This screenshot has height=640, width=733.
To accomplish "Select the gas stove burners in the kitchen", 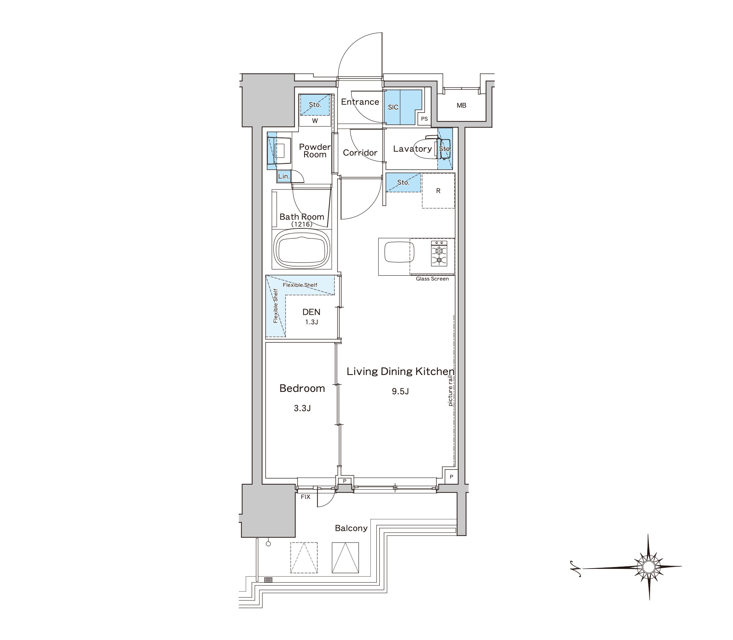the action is click(x=439, y=253).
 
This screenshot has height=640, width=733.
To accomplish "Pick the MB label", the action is click(x=461, y=106).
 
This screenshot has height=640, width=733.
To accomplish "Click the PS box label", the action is click(x=424, y=119).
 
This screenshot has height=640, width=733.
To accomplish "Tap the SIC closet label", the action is click(x=393, y=107).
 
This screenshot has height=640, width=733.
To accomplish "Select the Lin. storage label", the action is click(x=284, y=176).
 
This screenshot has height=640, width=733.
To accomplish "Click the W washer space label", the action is click(x=315, y=121).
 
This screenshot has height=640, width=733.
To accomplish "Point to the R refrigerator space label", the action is click(x=438, y=191).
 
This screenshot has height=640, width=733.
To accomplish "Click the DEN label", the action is click(x=311, y=312).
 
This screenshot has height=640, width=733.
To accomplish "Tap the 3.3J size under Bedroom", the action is click(x=302, y=408).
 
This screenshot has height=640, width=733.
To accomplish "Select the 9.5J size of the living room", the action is click(x=400, y=391).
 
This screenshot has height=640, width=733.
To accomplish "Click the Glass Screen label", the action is click(x=432, y=279).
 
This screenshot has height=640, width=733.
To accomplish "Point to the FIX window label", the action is click(x=305, y=497).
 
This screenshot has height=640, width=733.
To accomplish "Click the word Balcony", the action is click(x=351, y=528).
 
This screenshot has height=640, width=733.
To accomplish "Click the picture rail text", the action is click(x=450, y=391).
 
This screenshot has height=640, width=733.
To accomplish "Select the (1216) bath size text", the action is click(x=302, y=224).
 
